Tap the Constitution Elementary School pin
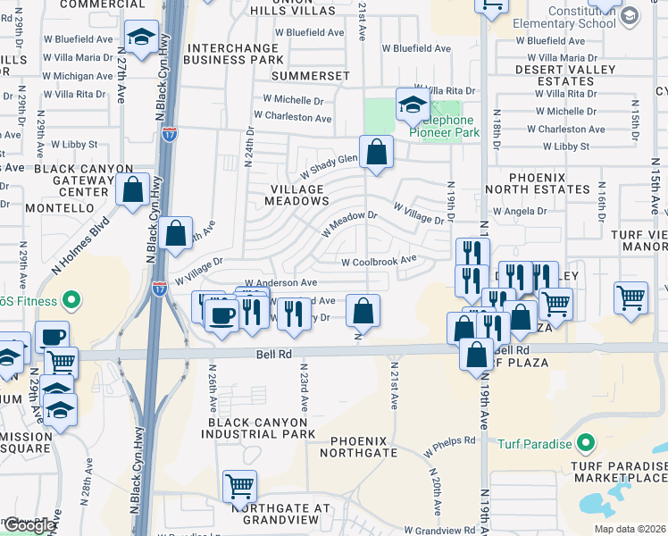click(x=629, y=15)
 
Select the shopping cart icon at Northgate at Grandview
click(x=239, y=486)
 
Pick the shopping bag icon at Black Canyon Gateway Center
click(x=132, y=189)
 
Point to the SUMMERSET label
click(x=305, y=77)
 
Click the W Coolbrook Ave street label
click(x=380, y=261)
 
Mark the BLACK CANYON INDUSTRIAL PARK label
click(x=261, y=427)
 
